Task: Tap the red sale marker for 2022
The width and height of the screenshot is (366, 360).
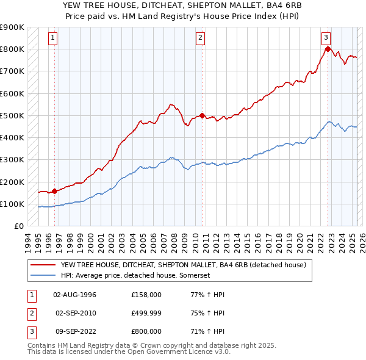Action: coord(328,49)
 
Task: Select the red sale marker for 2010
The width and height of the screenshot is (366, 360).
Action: coord(202,115)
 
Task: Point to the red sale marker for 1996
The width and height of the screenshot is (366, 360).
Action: coord(54,191)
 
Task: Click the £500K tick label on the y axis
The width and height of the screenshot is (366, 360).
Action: coord(12,115)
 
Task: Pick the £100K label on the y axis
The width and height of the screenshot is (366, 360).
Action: coord(12,204)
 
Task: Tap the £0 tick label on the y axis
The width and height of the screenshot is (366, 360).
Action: coord(18,226)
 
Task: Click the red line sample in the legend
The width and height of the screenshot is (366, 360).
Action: coord(44,265)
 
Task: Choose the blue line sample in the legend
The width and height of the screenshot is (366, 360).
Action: coord(44,275)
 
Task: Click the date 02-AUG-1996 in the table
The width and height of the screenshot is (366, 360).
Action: coord(75,295)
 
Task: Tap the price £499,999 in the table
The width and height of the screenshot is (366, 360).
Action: coord(146,313)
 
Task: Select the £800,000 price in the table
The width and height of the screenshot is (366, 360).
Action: coord(146,331)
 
